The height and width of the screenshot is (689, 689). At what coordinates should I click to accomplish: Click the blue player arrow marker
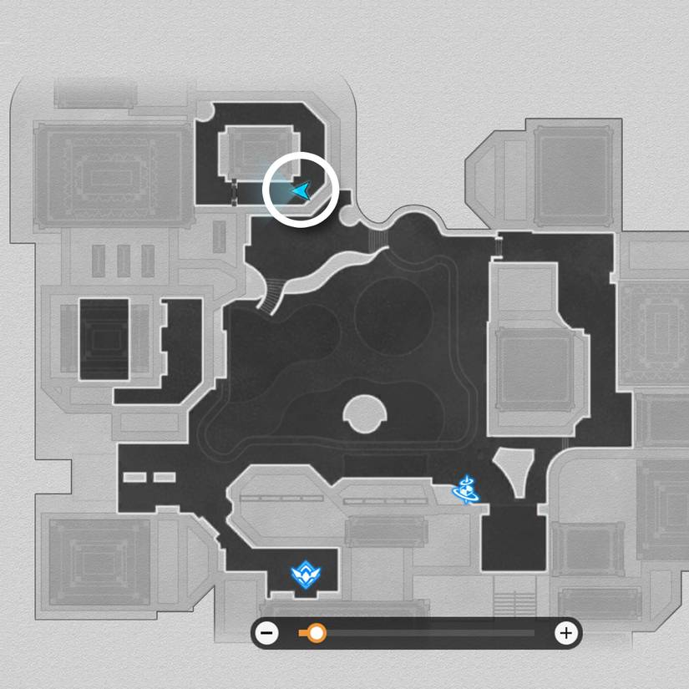coord(300,192)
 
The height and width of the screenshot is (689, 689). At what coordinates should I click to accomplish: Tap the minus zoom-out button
coord(267,633)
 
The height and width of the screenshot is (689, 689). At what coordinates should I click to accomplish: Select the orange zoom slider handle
coord(317,633)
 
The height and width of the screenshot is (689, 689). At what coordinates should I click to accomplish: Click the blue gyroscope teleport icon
coord(466,489)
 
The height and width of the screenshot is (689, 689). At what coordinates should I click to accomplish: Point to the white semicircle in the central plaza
coord(365,413)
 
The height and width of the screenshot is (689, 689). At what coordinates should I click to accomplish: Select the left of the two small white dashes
coord(135,478)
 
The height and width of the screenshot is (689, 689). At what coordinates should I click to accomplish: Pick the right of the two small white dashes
coord(165,478)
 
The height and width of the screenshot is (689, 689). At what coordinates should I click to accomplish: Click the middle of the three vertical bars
coord(124,261)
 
